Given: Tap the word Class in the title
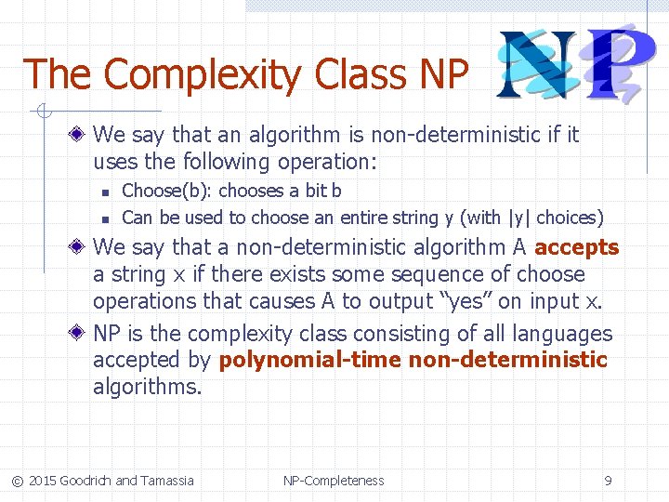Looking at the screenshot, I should [366, 74].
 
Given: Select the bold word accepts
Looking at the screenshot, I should [576, 247].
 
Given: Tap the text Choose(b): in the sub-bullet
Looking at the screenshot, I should [154, 191].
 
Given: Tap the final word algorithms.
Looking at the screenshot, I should [147, 387].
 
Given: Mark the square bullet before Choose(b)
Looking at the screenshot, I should [106, 192].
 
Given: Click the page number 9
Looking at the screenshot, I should [608, 481].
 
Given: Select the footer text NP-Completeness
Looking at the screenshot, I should [334, 481].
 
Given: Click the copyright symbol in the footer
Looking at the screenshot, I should [17, 481].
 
